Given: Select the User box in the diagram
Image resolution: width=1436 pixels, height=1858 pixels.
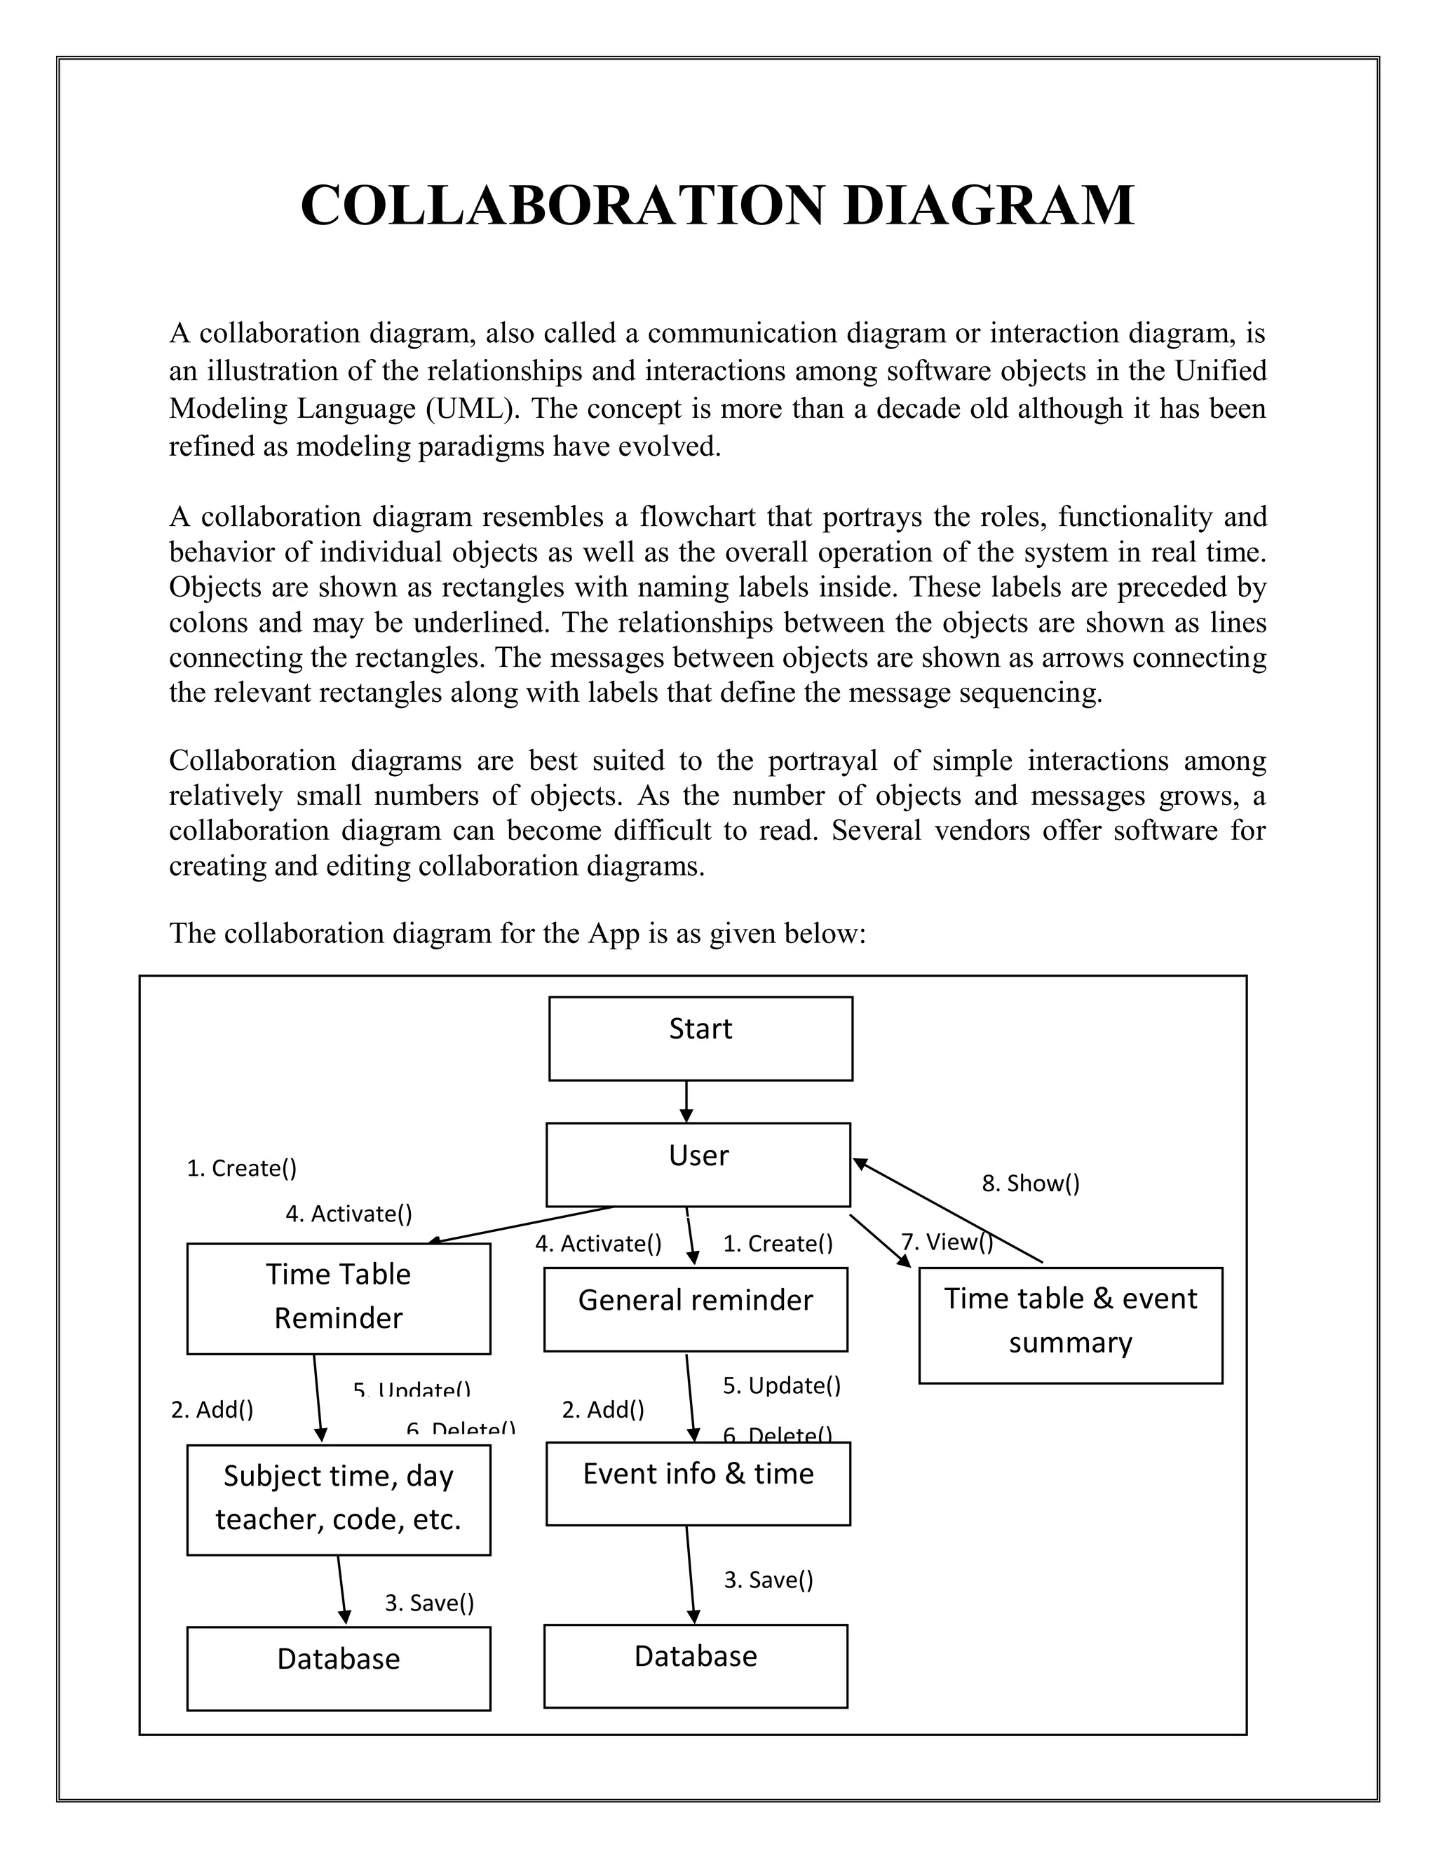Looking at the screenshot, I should click(x=698, y=1164).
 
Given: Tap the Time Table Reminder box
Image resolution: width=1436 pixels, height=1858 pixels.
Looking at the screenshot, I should click(x=338, y=1298).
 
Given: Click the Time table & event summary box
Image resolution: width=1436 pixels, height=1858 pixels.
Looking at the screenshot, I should click(x=1070, y=1324).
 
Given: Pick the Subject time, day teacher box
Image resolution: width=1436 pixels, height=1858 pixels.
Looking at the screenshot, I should click(x=338, y=1499).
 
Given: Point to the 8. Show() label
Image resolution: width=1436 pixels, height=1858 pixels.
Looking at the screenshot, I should click(x=1030, y=1184).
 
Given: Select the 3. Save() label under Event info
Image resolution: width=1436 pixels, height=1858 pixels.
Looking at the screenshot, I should click(x=768, y=1580).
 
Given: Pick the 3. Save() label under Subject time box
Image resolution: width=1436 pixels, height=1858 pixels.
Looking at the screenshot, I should click(x=428, y=1603).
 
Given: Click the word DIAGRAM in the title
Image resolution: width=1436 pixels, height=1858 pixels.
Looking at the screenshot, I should click(x=989, y=206).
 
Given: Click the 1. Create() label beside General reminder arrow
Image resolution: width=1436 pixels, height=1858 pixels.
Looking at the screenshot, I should click(x=778, y=1244).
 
